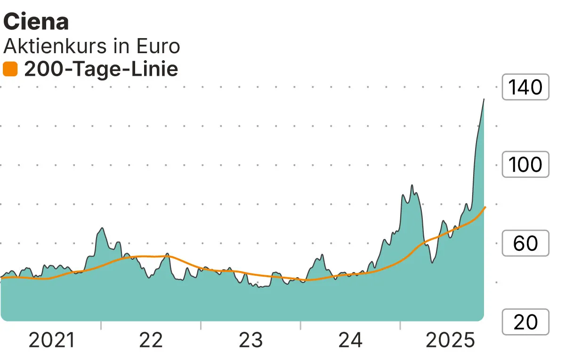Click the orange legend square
point(10,70)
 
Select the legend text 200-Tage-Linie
point(101,70)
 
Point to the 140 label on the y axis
point(526,87)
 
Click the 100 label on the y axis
point(526,164)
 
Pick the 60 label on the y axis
point(526,243)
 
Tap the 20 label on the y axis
point(526,322)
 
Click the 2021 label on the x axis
point(52,340)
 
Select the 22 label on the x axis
point(151,340)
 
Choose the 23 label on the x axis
point(251,340)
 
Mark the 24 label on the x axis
point(350,340)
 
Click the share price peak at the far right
point(484,99)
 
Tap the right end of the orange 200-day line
point(485,207)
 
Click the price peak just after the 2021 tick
point(102,228)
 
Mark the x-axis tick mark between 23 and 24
point(300,325)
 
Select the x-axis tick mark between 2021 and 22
point(101,325)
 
